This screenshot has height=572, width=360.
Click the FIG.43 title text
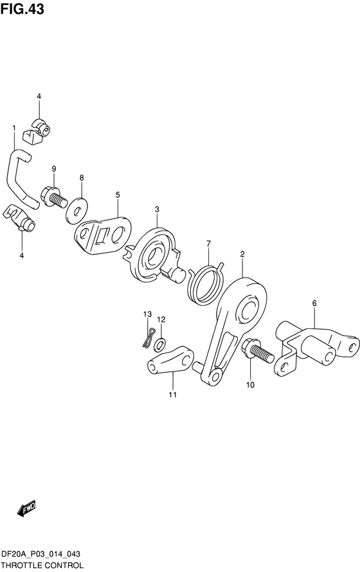[x=22, y=9]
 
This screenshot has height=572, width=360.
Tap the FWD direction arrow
[x=26, y=508]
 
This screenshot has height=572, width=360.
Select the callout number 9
[x=54, y=168]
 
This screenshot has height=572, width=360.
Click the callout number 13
[x=147, y=314]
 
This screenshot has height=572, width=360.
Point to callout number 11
[x=172, y=395]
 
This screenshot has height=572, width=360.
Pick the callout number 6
[x=314, y=303]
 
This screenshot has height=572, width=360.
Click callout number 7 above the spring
[x=209, y=244]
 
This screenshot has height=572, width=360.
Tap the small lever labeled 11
[x=170, y=360]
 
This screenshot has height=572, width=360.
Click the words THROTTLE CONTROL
[x=42, y=566]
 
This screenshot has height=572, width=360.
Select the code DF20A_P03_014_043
[x=41, y=555]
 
